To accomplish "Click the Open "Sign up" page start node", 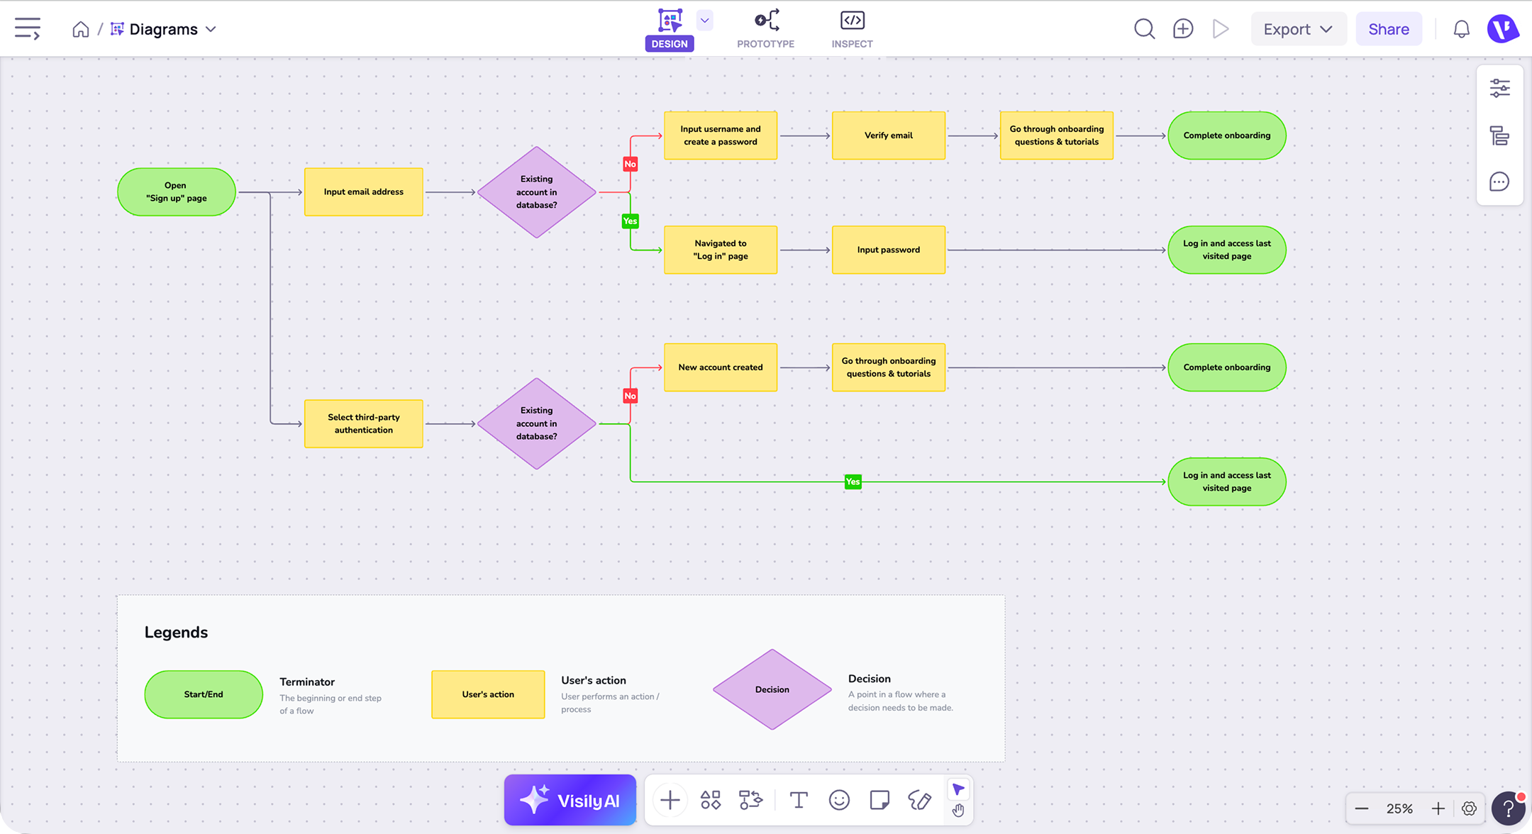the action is (x=176, y=192).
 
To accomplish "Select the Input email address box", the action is (x=364, y=192).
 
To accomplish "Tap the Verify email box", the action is (x=889, y=135).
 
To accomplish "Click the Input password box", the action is (x=889, y=250).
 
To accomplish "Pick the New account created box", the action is (x=721, y=367).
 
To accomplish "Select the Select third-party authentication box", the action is (x=364, y=423).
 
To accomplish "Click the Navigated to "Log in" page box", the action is (x=721, y=250).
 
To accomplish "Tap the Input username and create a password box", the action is (x=721, y=135).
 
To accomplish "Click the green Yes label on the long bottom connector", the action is (x=853, y=482).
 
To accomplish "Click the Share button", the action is (x=1389, y=29).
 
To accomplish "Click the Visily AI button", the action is (x=570, y=800).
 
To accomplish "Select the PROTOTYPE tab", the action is (x=766, y=29).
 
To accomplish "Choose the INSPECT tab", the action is (x=853, y=29).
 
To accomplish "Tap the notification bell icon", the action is (x=1462, y=29).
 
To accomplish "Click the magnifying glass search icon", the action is (x=1144, y=29).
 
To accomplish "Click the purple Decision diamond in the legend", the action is (x=772, y=689).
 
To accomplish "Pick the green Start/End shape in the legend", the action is (x=204, y=694).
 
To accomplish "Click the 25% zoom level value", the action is (x=1399, y=808).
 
